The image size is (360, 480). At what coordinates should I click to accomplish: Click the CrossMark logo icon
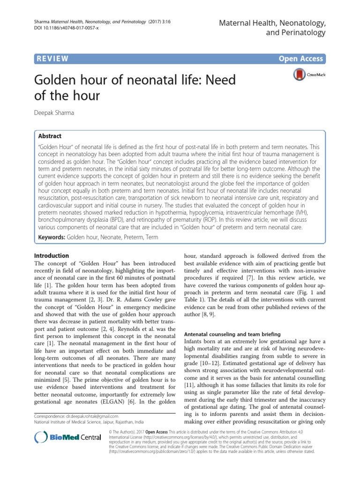tap(298, 75)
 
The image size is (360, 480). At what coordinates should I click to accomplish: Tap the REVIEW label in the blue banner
tap(51, 59)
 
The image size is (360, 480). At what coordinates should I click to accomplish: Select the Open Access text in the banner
tap(301, 59)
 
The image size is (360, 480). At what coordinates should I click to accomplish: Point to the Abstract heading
tap(50, 136)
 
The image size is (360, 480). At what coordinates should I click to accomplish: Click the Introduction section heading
tap(52, 255)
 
